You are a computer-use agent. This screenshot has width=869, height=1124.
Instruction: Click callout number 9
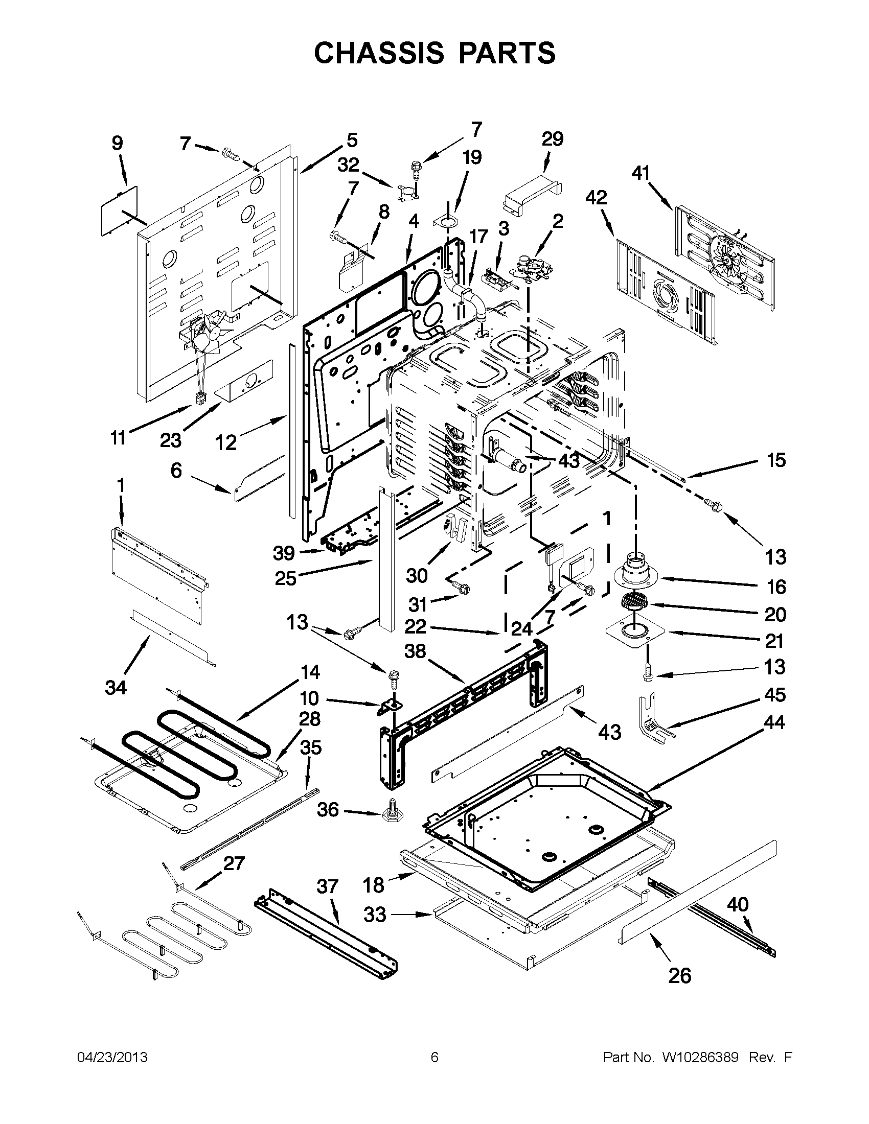pos(118,143)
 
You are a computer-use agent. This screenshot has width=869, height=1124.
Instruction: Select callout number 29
pos(553,139)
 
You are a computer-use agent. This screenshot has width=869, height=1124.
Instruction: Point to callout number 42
pos(596,198)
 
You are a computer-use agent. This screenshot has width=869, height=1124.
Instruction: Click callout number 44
pos(774,722)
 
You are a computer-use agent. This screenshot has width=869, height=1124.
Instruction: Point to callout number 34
pos(116,687)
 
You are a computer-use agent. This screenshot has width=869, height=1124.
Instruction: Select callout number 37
pos(328,886)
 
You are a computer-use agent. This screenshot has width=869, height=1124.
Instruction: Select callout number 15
pos(776,460)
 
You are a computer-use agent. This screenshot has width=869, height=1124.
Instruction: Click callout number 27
pos(234,862)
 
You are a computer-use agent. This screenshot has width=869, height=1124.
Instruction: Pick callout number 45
pos(774,695)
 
